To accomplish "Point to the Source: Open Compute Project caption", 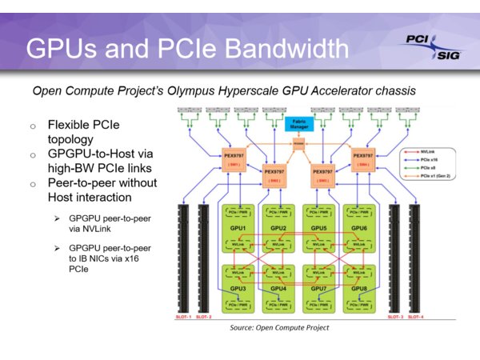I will click(279, 328).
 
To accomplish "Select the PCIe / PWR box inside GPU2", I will click(280, 215).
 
